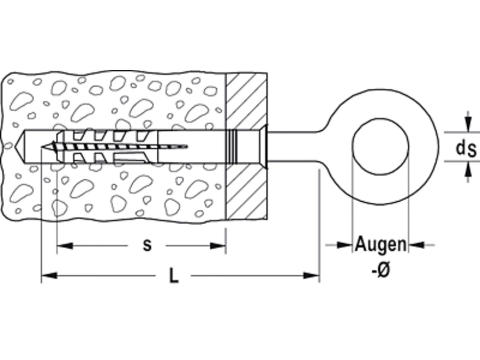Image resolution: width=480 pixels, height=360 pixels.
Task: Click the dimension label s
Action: [x=147, y=246]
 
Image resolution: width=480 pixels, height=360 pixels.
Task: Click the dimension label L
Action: [x=174, y=276]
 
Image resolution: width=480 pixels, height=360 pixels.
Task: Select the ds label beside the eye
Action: [x=466, y=148]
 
